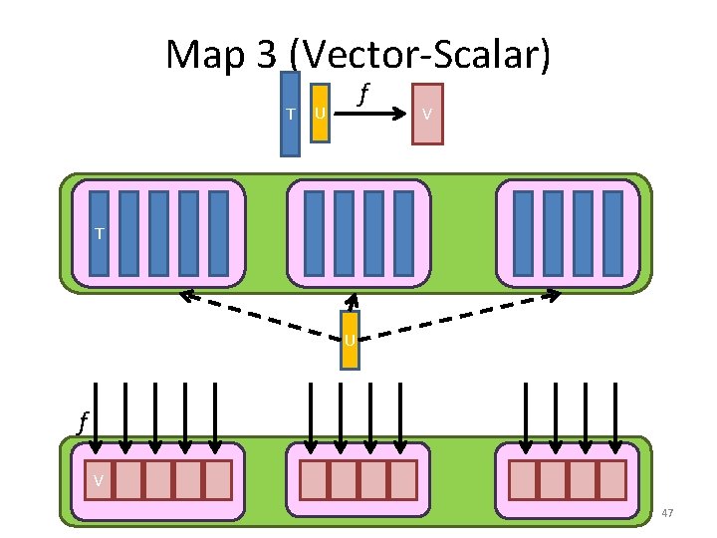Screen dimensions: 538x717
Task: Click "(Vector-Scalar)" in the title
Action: pyautogui.click(x=424, y=55)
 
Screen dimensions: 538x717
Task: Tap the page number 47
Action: pyautogui.click(x=667, y=513)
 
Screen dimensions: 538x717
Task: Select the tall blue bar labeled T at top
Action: pyautogui.click(x=290, y=114)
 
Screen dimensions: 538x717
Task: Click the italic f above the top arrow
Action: pyautogui.click(x=364, y=94)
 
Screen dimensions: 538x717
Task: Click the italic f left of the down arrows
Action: pyautogui.click(x=83, y=421)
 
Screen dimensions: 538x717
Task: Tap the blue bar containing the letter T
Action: pyautogui.click(x=99, y=233)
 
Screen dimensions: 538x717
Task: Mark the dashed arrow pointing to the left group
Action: pyautogui.click(x=259, y=314)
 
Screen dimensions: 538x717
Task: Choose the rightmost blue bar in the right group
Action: pyautogui.click(x=612, y=233)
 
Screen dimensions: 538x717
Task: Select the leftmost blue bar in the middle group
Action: pyautogui.click(x=314, y=233)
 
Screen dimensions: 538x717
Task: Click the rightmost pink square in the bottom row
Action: pyautogui.click(x=611, y=479)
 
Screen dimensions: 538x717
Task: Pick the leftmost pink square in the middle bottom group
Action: pyautogui.click(x=314, y=479)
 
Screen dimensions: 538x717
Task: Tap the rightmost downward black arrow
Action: pyautogui.click(x=612, y=418)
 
